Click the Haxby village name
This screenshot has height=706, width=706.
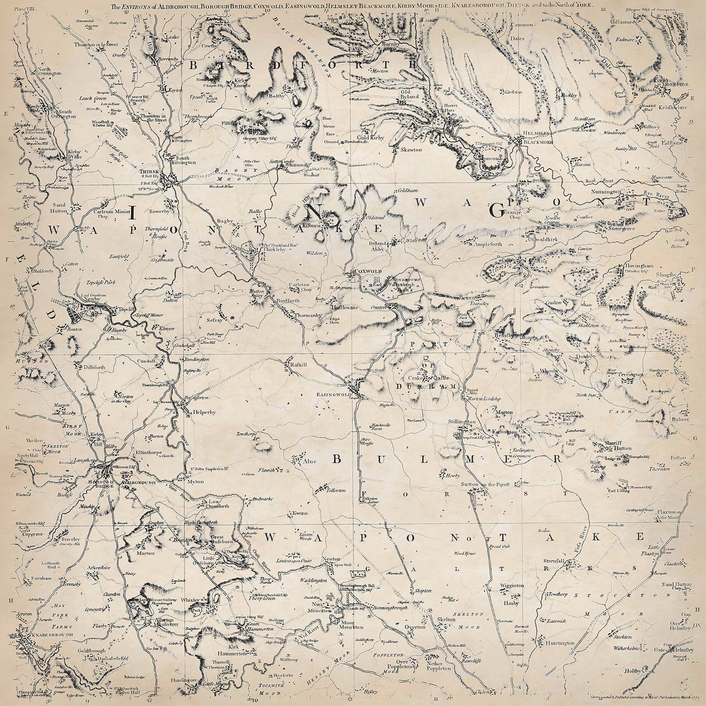coord(510,603)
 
